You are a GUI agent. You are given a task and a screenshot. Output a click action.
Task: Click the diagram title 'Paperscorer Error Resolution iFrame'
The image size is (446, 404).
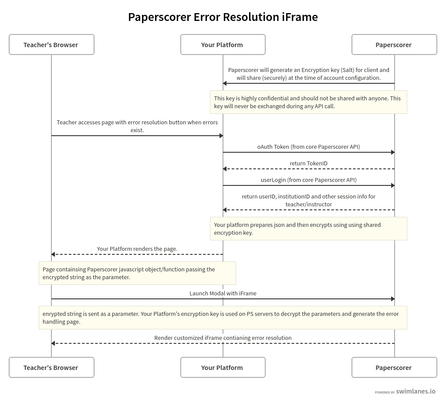[x=223, y=17]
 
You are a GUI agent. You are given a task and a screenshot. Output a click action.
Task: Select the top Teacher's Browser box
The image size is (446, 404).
[x=51, y=45]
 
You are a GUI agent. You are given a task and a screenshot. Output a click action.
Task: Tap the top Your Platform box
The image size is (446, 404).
[x=223, y=45]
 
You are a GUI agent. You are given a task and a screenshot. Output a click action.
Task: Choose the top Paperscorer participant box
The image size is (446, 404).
[x=394, y=45]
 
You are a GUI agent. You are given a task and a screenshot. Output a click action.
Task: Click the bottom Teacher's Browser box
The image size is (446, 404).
[x=51, y=367]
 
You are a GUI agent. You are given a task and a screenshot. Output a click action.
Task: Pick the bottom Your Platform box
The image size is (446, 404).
[x=223, y=367]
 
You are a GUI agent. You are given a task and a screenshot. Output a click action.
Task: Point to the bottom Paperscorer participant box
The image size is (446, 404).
[x=394, y=367]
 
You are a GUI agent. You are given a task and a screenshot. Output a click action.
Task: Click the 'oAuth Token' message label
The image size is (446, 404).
[x=308, y=147]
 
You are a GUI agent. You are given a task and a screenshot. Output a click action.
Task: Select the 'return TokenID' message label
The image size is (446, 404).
[x=308, y=163]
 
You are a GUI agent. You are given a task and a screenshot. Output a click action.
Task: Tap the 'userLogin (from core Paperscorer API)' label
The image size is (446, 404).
[x=308, y=180]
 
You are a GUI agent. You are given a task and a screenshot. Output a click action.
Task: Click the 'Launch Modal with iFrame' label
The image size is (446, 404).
[x=223, y=293]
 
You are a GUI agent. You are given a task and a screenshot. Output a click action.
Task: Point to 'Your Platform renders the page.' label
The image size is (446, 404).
[x=137, y=249]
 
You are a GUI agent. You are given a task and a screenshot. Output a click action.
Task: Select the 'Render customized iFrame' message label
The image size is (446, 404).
[x=223, y=338]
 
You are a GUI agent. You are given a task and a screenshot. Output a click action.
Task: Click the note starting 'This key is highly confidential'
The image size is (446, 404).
[x=308, y=102]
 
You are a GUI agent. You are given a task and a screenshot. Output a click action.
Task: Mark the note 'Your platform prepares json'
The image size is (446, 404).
[x=308, y=229]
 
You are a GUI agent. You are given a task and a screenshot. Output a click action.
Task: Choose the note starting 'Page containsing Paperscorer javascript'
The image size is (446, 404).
[x=137, y=273]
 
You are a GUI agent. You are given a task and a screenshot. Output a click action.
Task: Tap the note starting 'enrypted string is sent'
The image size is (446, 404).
[x=223, y=318]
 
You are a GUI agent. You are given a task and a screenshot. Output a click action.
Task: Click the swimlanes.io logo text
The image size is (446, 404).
[x=416, y=391]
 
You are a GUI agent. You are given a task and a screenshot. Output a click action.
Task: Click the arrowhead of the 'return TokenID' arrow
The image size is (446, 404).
[x=225, y=169]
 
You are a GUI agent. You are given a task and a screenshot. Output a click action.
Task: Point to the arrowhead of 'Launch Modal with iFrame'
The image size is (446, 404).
[x=392, y=299]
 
